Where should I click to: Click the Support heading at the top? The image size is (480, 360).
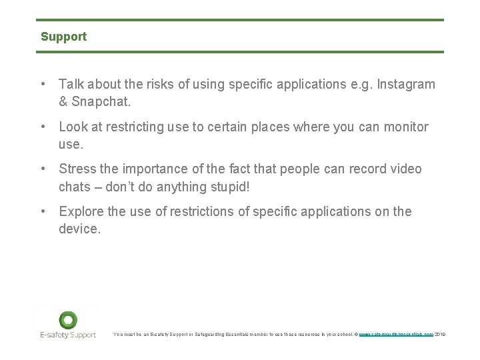click(63, 37)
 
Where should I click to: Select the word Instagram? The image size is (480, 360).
click(406, 85)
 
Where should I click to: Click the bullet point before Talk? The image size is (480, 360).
click(42, 85)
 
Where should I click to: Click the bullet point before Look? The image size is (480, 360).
click(42, 127)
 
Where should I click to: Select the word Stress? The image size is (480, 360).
click(77, 169)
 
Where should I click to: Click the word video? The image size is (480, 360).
click(406, 169)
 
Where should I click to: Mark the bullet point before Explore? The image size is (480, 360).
click(42, 211)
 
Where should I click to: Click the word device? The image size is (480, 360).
click(79, 229)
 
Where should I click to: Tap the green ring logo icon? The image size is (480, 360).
click(68, 320)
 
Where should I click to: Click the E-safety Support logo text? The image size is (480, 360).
click(67, 335)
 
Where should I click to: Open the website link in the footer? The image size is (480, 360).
click(396, 334)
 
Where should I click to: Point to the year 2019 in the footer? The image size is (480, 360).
click(439, 334)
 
